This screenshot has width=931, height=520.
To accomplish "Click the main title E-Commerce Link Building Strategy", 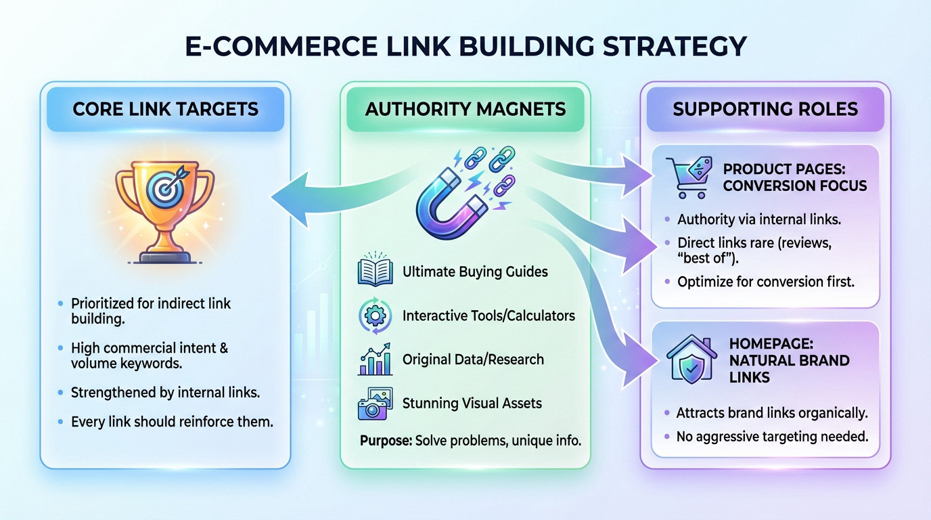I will click(x=465, y=46).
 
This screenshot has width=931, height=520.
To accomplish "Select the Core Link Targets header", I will click(x=165, y=109).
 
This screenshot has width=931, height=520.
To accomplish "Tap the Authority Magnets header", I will click(x=465, y=109).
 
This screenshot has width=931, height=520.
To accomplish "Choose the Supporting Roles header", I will click(x=765, y=109).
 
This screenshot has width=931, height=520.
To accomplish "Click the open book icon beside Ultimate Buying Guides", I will click(x=374, y=272).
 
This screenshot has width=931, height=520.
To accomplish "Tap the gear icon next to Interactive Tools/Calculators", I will click(x=374, y=316).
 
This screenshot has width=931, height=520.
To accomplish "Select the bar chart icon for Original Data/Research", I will click(x=374, y=360).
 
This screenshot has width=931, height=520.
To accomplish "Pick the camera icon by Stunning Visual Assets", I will click(x=374, y=404).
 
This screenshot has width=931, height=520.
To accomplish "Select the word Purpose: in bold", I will click(x=384, y=441).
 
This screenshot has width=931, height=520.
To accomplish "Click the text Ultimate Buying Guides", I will click(x=475, y=272).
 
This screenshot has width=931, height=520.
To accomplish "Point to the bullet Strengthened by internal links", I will click(x=165, y=392).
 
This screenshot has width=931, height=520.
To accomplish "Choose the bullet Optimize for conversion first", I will click(x=766, y=281).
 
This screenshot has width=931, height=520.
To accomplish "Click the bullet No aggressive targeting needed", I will click(x=772, y=437).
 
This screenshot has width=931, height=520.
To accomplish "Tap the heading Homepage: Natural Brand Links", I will click(x=789, y=360).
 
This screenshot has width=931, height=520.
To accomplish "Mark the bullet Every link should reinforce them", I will click(x=172, y=422).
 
